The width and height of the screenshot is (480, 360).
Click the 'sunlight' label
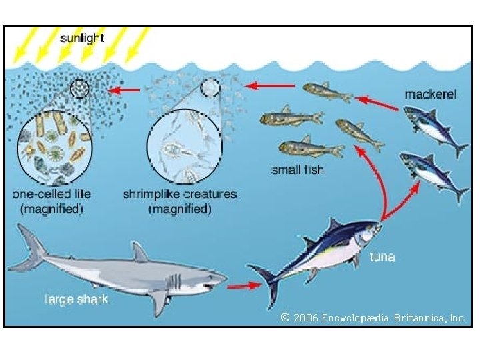tap(82, 38)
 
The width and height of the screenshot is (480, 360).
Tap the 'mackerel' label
tap(431, 95)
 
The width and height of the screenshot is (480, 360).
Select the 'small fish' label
tap(297, 169)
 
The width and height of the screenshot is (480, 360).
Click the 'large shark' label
tap(77, 299)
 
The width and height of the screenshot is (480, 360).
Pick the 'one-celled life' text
tap(52, 195)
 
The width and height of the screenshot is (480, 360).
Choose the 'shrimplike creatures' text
tap(180, 195)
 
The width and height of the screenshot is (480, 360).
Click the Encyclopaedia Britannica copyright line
tap(373, 318)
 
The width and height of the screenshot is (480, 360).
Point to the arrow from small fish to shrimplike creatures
tap(271, 85)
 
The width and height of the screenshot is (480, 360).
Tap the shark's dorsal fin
tap(139, 252)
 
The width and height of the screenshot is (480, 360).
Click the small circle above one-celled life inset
tap(80, 89)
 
